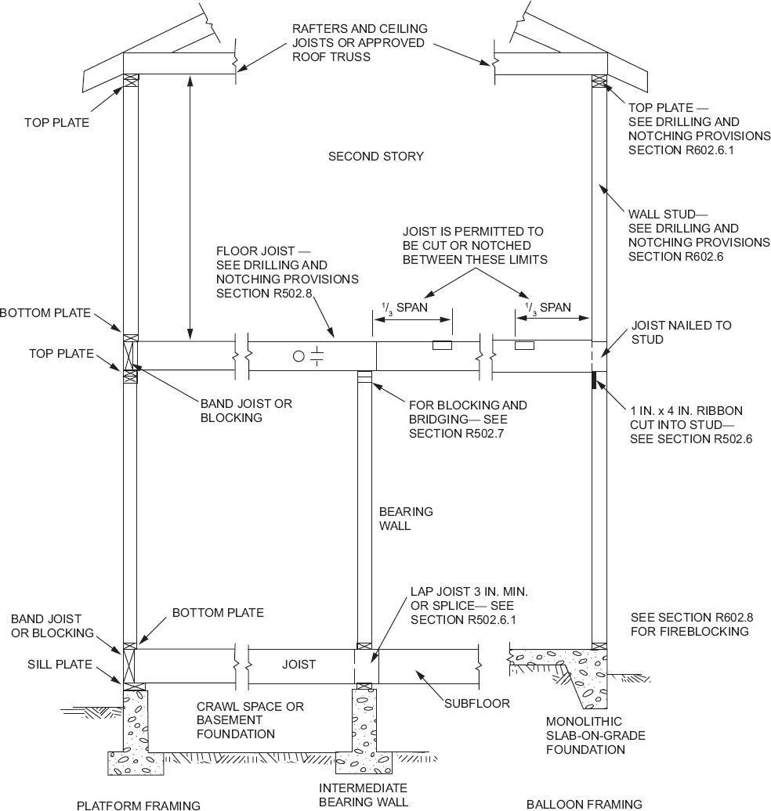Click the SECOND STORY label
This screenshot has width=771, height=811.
375,157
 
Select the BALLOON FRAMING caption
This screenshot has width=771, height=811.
584,804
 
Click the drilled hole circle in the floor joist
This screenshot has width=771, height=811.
298,356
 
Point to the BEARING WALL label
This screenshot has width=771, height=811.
406,519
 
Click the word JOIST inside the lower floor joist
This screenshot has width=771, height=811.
299,665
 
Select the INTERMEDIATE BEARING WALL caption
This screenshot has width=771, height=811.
363,795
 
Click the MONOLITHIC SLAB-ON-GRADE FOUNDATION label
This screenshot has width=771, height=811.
585,735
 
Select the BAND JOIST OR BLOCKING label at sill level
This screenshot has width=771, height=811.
52,625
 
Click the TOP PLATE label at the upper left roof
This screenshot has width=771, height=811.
56,123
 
